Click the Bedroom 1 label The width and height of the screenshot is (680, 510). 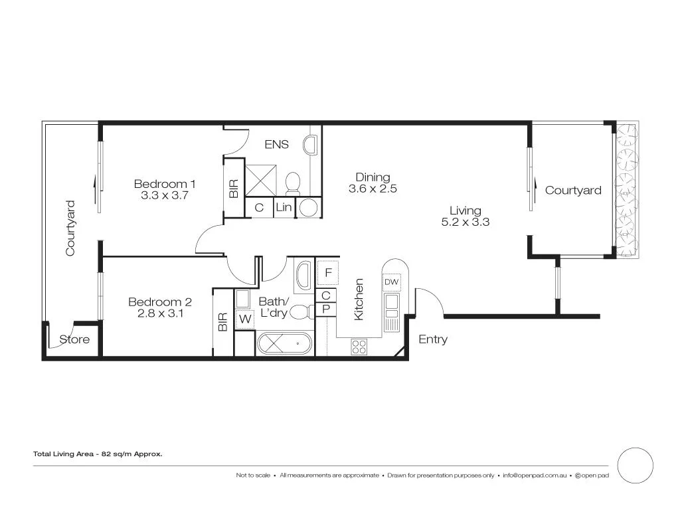coord(165,183)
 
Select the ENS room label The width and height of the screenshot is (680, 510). coord(276,144)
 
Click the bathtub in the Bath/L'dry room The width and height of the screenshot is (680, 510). coord(284,345)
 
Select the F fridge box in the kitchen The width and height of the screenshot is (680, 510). coord(328,272)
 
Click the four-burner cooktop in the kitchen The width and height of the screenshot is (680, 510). coord(359,346)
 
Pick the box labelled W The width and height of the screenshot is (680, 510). coord(244,319)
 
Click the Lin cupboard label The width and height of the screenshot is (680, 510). coord(283,207)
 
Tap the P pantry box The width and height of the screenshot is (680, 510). coord(326,309)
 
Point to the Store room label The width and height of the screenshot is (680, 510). coord(74,339)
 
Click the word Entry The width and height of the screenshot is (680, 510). coord(433,339)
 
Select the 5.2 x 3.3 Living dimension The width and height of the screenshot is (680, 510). coord(466,222)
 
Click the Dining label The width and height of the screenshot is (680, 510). coord(373,177)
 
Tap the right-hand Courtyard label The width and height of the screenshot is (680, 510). coord(573,191)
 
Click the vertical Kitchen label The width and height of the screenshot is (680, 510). coord(359,299)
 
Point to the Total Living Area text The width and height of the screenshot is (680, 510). coord(98,454)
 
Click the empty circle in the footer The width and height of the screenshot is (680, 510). coord(636,465)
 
